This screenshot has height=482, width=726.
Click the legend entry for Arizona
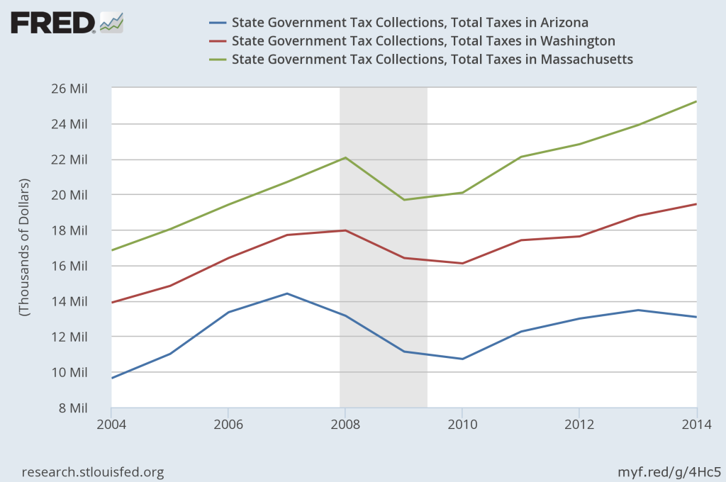point(410,23)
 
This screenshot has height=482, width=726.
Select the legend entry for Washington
point(423,40)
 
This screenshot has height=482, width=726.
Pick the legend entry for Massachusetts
point(432,58)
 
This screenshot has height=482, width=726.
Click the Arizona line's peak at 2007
point(286,293)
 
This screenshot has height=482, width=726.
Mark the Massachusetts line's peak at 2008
point(345,157)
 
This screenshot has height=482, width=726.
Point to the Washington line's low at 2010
point(462,264)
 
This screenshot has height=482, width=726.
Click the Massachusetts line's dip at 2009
point(404,200)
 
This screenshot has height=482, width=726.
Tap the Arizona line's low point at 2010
point(462,359)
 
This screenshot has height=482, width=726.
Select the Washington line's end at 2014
point(696,204)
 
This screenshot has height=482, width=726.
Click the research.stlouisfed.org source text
point(94,471)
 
